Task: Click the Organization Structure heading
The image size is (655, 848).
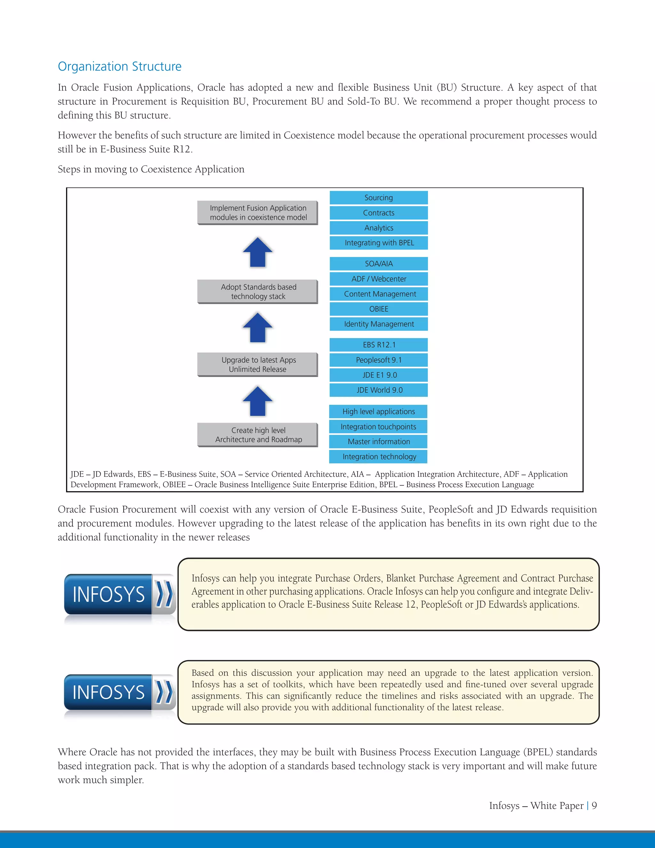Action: point(120,66)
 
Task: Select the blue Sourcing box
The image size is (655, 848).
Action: point(379,198)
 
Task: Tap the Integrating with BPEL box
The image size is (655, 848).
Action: point(379,243)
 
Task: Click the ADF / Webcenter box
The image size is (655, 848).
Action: point(379,279)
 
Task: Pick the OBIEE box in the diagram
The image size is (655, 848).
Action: point(379,309)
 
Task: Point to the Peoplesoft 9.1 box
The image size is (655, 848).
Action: point(379,360)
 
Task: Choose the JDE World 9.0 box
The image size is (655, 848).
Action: point(379,390)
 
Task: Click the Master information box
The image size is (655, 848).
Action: point(378,442)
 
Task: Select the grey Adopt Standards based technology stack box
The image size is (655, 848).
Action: point(258,292)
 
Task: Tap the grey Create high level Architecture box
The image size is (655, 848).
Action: point(258,435)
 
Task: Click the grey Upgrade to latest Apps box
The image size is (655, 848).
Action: point(258,364)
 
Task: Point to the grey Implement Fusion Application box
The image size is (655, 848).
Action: point(258,213)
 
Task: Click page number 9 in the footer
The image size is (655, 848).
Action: point(594,806)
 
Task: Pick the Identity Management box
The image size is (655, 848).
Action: point(379,324)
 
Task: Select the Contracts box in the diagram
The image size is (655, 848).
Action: point(379,213)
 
